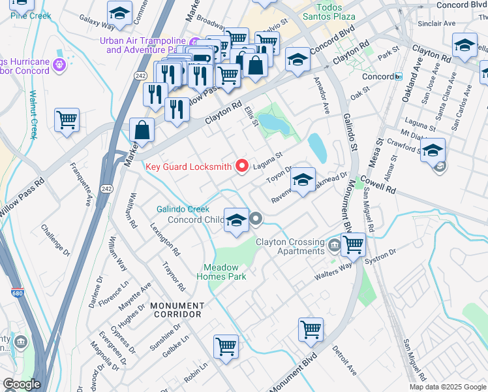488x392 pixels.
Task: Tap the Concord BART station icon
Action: tap(398, 76)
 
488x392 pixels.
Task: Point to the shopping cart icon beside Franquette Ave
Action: tap(67, 121)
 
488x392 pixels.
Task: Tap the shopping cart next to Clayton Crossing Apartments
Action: tap(353, 245)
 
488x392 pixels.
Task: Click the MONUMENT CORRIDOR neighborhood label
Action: tap(177, 310)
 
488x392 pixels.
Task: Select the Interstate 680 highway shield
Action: tap(16, 294)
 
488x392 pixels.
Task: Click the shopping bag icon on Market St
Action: tap(142, 130)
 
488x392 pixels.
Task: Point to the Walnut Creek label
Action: tap(33, 114)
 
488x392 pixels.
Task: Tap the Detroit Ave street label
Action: tap(344, 360)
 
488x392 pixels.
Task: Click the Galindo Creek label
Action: tap(183, 209)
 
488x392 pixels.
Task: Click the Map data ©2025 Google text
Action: tap(448, 387)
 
